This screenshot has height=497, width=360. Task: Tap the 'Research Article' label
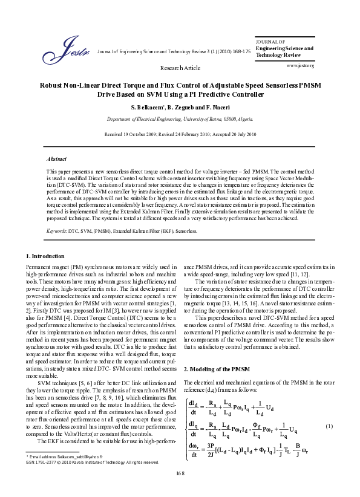pos(180,69)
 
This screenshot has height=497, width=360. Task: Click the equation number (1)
pos(329,427)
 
